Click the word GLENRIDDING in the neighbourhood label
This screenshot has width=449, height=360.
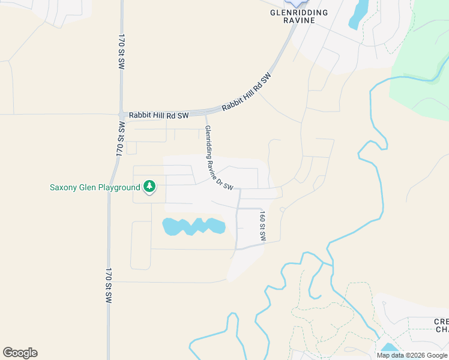(300, 13)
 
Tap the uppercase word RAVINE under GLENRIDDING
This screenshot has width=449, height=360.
(300, 20)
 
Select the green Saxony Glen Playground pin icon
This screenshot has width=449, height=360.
(149, 187)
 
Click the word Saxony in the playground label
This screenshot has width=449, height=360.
(64, 187)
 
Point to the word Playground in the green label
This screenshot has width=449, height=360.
(119, 187)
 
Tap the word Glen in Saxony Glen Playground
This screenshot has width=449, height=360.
(88, 187)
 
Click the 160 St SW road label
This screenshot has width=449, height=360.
(262, 226)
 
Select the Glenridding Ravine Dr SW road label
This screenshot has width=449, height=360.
(218, 158)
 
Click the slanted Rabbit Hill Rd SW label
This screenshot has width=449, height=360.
(246, 92)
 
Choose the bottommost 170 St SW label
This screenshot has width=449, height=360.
(109, 285)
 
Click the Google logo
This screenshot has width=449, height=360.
(20, 353)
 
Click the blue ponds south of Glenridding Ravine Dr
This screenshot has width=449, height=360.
(194, 226)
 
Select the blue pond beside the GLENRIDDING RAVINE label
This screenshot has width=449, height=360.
(359, 14)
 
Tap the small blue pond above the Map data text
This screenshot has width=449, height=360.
(389, 348)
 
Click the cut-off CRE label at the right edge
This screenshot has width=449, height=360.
(441, 322)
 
